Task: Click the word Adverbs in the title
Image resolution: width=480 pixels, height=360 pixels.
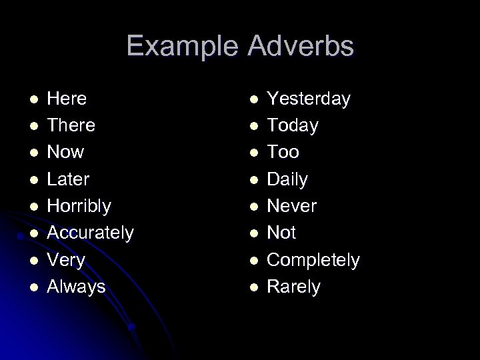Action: click(x=301, y=47)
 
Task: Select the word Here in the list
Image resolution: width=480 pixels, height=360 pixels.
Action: click(x=67, y=99)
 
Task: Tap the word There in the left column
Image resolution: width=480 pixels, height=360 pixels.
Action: click(x=71, y=125)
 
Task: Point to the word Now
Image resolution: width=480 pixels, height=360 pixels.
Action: click(x=65, y=153)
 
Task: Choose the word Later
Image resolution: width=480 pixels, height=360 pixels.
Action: click(x=69, y=179)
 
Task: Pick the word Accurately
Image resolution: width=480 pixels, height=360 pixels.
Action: click(x=90, y=233)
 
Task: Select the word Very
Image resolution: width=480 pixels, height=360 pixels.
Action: click(x=67, y=260)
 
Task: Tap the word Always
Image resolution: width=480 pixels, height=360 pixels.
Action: click(x=76, y=287)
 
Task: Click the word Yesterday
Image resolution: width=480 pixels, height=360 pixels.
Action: click(x=309, y=99)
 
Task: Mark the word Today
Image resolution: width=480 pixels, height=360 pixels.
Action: click(x=293, y=125)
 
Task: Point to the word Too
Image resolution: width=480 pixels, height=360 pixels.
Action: click(x=283, y=153)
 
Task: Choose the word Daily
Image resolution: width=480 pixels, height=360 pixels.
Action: click(x=288, y=179)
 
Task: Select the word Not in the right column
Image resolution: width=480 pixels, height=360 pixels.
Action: click(x=281, y=233)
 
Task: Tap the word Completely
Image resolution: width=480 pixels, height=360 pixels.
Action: click(x=313, y=260)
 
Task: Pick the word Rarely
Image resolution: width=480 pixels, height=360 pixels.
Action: click(x=293, y=287)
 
